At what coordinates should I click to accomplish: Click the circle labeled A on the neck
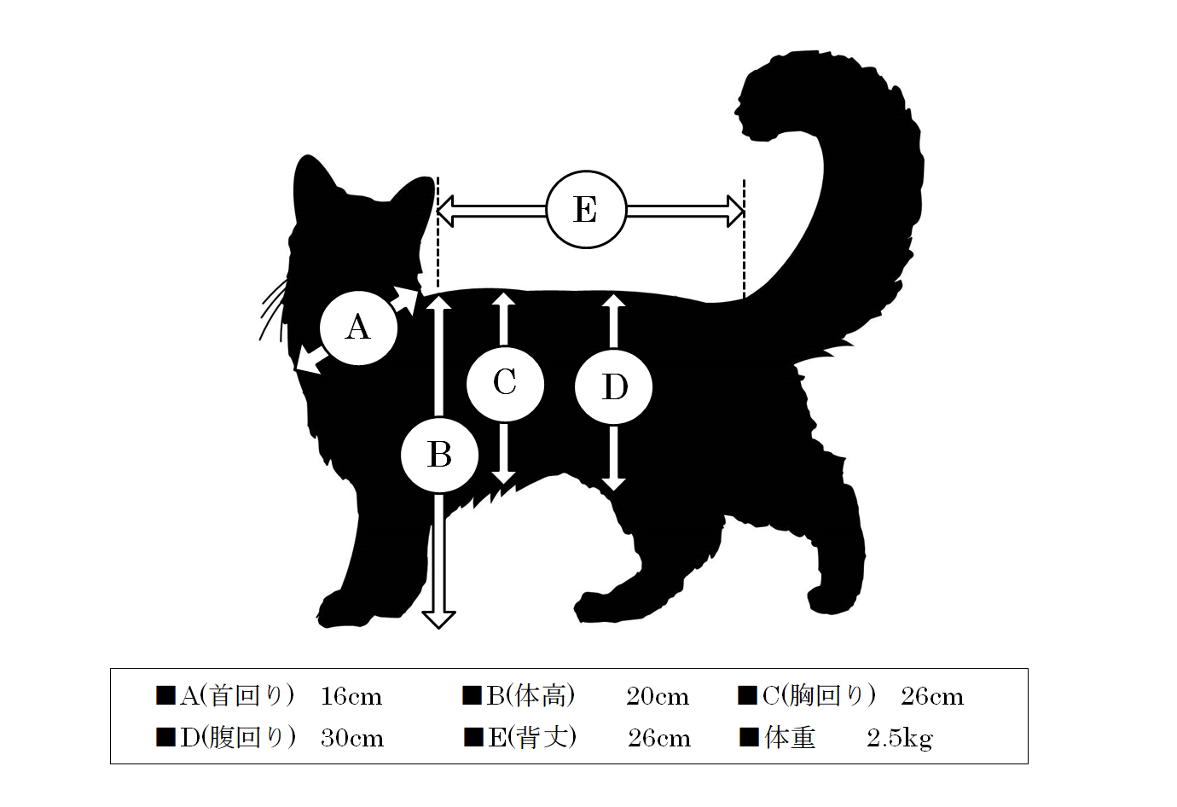click(358, 328)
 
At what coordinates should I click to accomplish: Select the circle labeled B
click(439, 455)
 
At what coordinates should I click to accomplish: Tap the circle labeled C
click(505, 384)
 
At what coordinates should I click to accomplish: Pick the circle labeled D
click(614, 386)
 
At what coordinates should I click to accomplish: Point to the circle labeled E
click(587, 209)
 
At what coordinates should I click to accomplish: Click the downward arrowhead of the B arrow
click(438, 620)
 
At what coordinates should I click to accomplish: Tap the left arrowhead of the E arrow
click(445, 212)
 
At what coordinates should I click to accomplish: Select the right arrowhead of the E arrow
click(735, 212)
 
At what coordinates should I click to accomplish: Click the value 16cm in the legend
click(351, 697)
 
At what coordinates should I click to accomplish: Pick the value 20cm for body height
click(658, 697)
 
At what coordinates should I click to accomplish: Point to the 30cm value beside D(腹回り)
click(352, 738)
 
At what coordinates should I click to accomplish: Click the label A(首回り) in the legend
click(237, 696)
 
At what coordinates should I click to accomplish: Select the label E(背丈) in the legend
click(532, 738)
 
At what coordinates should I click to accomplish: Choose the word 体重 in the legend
click(790, 738)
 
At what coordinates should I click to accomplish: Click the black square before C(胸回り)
click(747, 695)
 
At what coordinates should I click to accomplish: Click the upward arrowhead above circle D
click(613, 300)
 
